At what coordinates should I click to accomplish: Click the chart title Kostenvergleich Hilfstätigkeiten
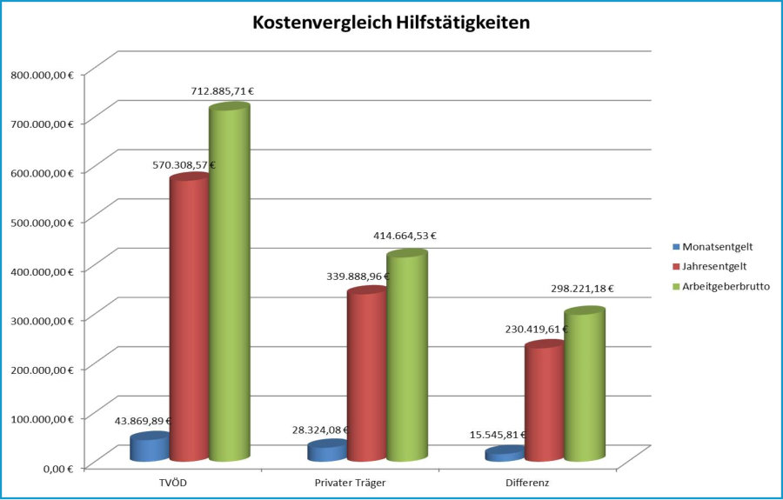click(x=391, y=23)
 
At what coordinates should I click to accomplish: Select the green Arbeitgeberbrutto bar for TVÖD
click(x=229, y=278)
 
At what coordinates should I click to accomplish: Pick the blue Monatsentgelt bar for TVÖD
click(x=149, y=447)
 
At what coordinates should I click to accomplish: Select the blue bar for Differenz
click(x=504, y=454)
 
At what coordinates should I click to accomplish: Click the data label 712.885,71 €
click(x=222, y=91)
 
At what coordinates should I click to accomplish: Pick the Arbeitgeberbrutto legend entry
click(x=726, y=285)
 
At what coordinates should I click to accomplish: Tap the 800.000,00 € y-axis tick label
click(x=42, y=75)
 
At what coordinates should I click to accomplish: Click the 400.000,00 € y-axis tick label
click(x=42, y=271)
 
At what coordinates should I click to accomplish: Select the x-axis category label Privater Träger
click(x=351, y=482)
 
